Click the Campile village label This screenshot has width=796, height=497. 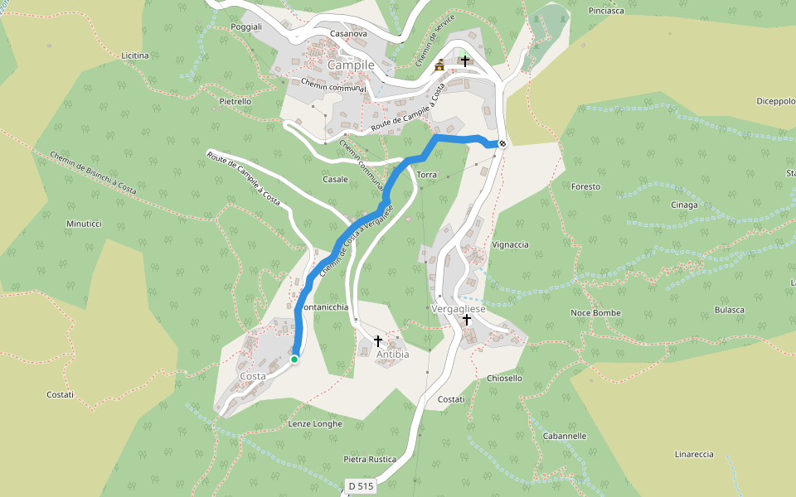pos(352,65)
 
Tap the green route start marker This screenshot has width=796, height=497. pos(294,359)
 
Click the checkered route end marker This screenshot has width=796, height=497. pos(502,143)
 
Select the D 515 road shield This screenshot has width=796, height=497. pos(361,485)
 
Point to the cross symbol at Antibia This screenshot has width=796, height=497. pos(378,340)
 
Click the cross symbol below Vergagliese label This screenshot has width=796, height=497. pos(467,320)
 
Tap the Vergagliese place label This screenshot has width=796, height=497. pos(459,308)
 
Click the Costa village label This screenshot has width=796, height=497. pos(253,376)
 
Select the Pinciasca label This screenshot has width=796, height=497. pos(605,12)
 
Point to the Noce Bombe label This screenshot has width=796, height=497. pos(595,313)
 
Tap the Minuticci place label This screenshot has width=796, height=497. pos(84,224)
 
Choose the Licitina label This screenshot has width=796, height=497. pos(135,55)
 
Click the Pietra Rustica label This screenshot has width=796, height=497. pos(370,459)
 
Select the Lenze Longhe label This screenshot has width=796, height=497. pos(315,424)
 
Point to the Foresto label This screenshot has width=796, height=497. pos(585,187)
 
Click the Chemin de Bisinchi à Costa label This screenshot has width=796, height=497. pos(93,173)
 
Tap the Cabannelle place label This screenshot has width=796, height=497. pos(565,436)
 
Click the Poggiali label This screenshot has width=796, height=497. pos(246,27)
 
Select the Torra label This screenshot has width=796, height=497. pos(427,176)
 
